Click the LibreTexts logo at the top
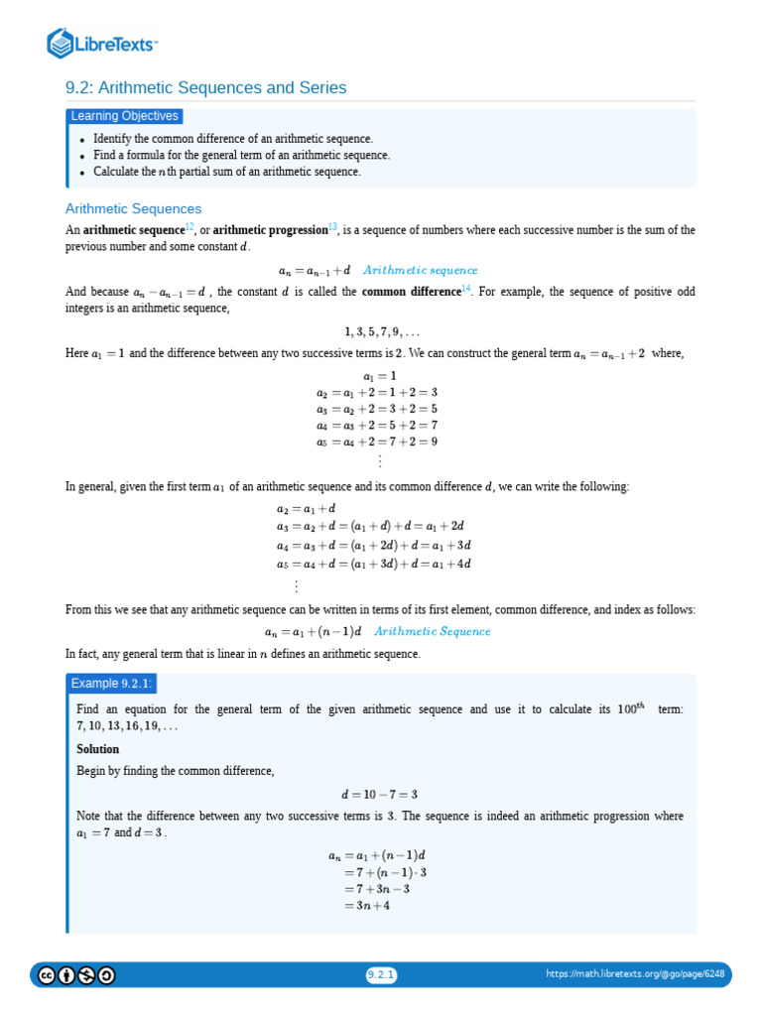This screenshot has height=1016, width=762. coord(102,44)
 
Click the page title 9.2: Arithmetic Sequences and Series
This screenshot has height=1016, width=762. coord(205,88)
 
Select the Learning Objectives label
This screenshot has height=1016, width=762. coord(125,116)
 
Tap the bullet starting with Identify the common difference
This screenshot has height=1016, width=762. coord(232,139)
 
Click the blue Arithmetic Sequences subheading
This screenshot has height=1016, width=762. coord(133,209)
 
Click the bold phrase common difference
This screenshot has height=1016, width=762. coord(411,292)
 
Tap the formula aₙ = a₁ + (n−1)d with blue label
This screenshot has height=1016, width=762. coord(377,631)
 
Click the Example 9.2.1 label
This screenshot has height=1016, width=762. coord(111,685)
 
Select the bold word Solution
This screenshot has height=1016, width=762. coord(97,749)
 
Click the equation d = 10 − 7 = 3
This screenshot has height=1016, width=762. coord(380,794)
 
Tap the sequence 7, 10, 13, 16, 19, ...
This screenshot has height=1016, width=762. coord(127,726)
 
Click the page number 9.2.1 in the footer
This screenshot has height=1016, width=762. coord(381,975)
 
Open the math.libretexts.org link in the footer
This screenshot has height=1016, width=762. coord(635,974)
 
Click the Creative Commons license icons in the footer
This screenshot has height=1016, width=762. coord(76,975)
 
